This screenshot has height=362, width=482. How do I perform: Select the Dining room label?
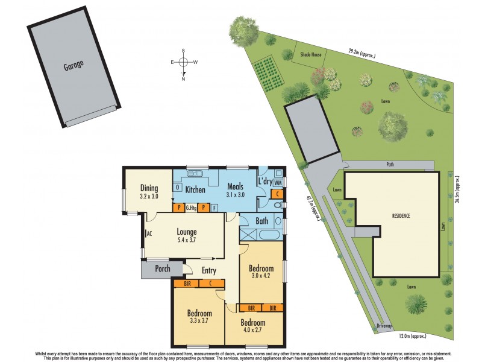point(149,188)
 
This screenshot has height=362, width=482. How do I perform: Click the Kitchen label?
point(195,190)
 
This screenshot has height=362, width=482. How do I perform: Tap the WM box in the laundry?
point(278,182)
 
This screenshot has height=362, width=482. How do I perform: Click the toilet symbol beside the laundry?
point(278,206)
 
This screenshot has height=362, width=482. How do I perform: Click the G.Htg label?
point(192,208)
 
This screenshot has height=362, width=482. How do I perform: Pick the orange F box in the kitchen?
point(215,208)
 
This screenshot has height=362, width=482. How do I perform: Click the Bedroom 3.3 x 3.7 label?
point(199,317)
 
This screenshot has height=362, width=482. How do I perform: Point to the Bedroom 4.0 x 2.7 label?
point(252,326)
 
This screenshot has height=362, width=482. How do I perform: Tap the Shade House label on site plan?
point(310,54)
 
